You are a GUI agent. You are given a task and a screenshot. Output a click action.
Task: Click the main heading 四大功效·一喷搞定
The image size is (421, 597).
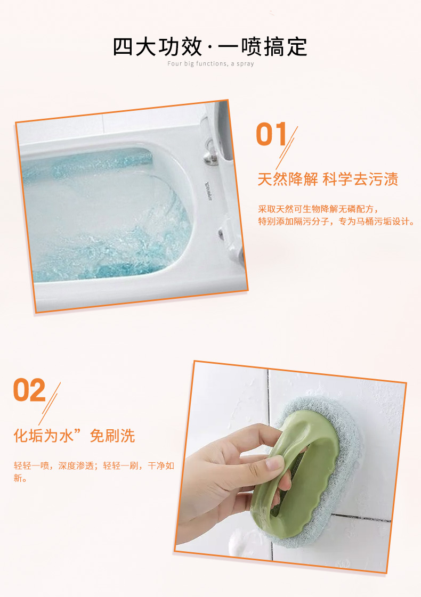210,47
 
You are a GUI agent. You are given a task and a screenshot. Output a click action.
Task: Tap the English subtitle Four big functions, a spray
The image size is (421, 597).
210,63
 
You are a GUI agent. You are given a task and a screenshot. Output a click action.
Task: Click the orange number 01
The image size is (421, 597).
271,134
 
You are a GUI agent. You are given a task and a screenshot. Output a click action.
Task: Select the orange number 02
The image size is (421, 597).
29,390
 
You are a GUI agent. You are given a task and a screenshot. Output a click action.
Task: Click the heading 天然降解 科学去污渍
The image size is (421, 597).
328,179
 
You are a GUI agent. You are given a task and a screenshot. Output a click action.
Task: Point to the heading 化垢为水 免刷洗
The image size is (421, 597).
74,436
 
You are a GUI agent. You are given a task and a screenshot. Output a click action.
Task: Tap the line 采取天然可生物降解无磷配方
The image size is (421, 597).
318,209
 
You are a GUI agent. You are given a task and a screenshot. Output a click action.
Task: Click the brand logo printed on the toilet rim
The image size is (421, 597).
209,191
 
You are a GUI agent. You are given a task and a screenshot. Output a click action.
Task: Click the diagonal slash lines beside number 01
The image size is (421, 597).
287,148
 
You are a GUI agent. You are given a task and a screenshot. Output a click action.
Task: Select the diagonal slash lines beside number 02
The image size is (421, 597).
50,404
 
